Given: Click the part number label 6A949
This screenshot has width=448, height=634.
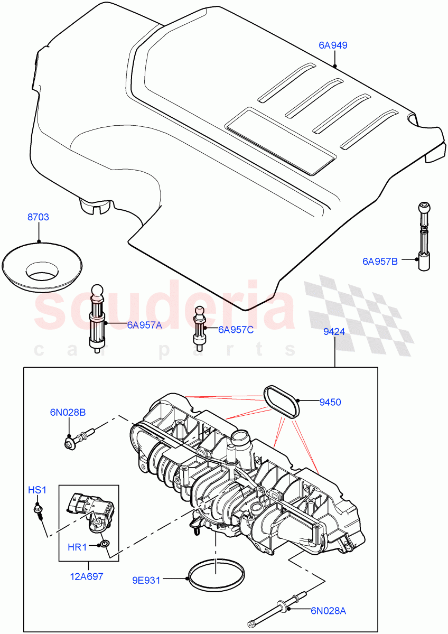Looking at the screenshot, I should (x=333, y=45).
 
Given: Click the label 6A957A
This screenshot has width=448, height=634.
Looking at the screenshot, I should (x=144, y=325).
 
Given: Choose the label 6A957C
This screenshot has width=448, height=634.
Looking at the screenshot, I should (x=236, y=330).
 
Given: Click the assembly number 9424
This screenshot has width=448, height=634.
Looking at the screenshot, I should (x=334, y=333).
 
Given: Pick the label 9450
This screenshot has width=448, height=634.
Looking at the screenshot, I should (x=330, y=402).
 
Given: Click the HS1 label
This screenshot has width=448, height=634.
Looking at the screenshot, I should (x=38, y=490).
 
